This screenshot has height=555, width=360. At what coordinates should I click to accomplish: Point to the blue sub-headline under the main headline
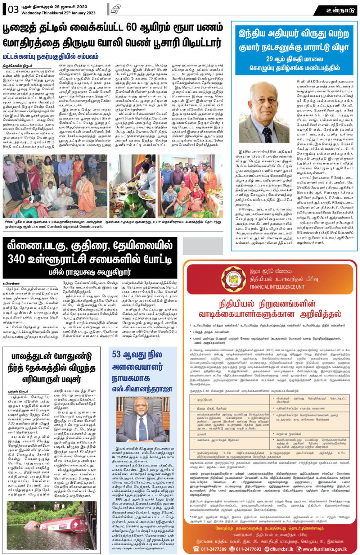[50, 57]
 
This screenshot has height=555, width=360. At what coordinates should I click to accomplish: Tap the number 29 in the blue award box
[270, 59]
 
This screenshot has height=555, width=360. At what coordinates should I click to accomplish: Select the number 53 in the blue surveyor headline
[116, 355]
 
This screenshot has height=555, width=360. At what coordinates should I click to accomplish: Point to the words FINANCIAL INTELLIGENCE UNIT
[277, 287]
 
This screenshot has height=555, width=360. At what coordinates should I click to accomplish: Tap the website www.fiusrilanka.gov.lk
[324, 549]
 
